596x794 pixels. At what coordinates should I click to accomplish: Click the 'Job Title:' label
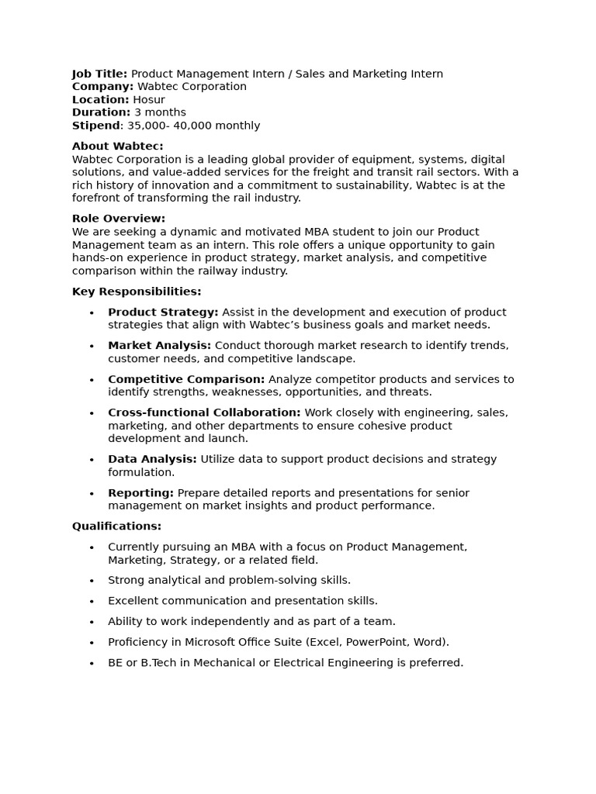[x=99, y=74]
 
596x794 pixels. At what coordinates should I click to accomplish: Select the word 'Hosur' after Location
[x=149, y=100]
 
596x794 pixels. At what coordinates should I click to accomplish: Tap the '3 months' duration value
[x=160, y=112]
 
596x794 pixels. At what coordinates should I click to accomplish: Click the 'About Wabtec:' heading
[x=117, y=146]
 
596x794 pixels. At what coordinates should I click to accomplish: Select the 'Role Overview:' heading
[x=119, y=219]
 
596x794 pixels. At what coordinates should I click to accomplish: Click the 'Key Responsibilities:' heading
[x=137, y=292]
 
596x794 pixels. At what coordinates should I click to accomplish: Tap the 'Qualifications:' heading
[x=116, y=526]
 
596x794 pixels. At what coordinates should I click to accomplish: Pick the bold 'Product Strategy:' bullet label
[x=163, y=312]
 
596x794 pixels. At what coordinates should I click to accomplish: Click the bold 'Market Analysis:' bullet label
[x=159, y=345]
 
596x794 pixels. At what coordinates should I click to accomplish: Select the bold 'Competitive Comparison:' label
[x=186, y=379]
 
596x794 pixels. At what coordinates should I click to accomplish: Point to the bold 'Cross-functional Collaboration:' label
[x=204, y=413]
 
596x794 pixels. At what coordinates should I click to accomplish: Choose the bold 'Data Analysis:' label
[x=152, y=459]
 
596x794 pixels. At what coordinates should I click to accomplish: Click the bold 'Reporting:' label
[x=140, y=492]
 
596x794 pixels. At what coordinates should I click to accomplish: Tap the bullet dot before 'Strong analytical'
[x=92, y=581]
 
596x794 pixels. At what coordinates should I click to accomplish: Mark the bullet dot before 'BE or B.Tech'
[x=92, y=664]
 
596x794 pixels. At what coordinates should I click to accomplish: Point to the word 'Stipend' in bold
[x=96, y=126]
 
